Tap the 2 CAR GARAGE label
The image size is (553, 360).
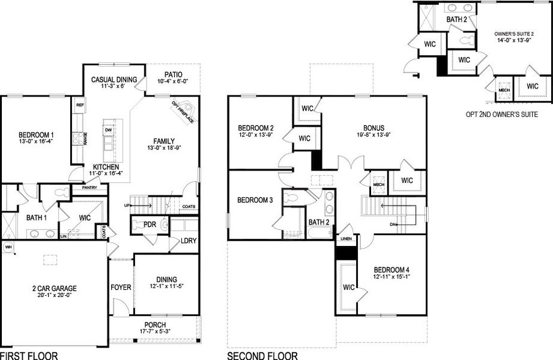pos(54,288)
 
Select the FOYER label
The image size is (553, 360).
pos(121,287)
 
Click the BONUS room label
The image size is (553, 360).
pos(373,128)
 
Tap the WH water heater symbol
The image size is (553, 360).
pos(8,247)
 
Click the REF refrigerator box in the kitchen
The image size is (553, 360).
pos(79,104)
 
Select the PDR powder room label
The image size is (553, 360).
pos(149,224)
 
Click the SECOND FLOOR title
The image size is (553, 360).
pos(262,355)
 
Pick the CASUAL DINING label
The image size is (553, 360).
pos(114,79)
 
